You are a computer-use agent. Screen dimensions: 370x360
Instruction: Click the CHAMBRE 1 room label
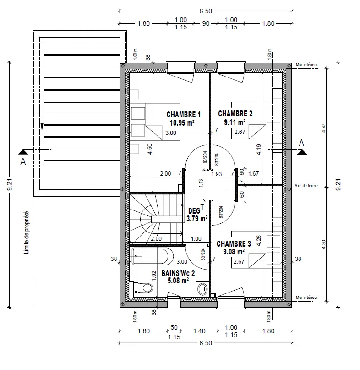tap(183, 115)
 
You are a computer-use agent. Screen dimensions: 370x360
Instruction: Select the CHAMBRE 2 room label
tap(235, 114)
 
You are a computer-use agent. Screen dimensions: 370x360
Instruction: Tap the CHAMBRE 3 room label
tap(234, 243)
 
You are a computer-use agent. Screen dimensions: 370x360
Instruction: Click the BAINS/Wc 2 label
tap(178, 273)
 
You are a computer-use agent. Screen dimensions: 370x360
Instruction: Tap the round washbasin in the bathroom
tap(203, 288)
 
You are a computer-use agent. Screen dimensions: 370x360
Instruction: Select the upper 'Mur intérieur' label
tap(307, 65)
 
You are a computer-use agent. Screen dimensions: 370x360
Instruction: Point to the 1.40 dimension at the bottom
tap(198, 331)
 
